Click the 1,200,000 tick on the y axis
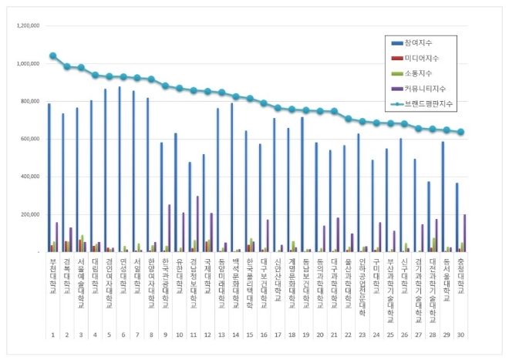coord(27,25)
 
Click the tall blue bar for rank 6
coord(120,170)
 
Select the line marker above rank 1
coord(53,56)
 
